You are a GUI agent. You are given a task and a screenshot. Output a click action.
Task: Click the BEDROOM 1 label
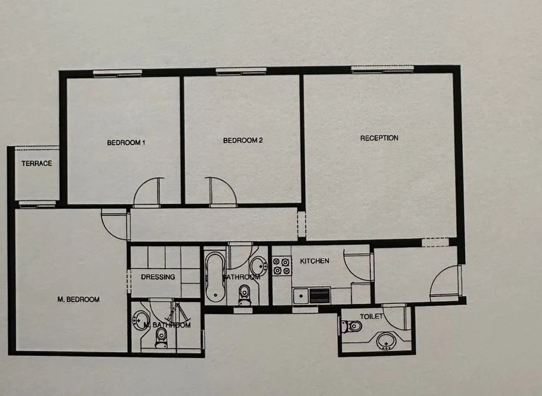click(x=126, y=142)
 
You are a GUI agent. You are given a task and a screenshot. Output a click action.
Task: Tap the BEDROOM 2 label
click(x=243, y=140)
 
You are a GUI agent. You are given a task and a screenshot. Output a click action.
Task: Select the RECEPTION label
click(x=379, y=138)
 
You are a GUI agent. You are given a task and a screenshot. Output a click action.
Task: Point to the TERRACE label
click(x=37, y=163)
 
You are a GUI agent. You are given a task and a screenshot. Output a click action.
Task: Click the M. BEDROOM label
click(x=78, y=299)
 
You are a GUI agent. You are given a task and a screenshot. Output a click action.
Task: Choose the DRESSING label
click(x=158, y=277)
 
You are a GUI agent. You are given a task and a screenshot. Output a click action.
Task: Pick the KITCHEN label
click(x=315, y=261)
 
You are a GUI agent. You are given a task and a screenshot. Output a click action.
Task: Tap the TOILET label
click(x=371, y=317)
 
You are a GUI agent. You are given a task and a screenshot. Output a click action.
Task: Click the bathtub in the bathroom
click(x=215, y=276)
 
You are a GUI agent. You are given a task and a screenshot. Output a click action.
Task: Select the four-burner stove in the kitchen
click(x=282, y=266)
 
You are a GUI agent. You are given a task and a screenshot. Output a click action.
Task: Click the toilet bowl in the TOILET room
click(x=351, y=327)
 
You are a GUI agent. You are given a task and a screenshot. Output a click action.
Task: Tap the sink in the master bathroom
click(x=140, y=321)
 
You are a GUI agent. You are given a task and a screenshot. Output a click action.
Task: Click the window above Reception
click(x=383, y=69)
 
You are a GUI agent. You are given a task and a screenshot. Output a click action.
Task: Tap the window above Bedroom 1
click(x=118, y=73)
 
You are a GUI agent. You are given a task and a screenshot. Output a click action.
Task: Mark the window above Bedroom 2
click(x=241, y=71)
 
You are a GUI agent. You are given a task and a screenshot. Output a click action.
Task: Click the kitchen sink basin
click(x=301, y=296)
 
